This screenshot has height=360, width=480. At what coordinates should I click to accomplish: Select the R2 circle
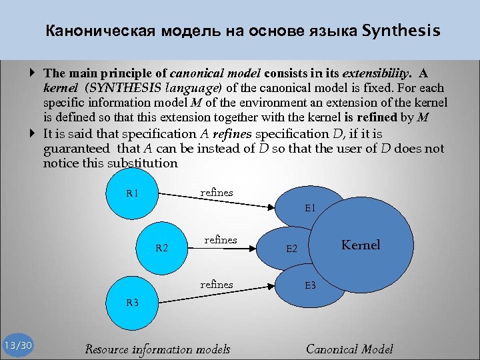162,248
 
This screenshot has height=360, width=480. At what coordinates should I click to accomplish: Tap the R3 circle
133,301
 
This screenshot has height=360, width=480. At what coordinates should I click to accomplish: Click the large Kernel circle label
361,245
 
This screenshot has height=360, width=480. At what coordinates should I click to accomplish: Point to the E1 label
311,208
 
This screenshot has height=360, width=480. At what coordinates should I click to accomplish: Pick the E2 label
291,249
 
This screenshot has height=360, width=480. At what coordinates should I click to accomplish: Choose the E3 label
310,285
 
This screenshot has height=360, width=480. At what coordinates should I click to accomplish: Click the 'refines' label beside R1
217,193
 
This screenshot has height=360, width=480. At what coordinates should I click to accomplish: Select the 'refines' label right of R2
221,240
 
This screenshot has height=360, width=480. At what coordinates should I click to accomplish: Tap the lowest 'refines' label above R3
217,285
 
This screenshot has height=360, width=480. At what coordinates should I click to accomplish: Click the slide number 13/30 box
17,345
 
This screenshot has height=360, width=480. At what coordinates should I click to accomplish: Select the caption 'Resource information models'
157,349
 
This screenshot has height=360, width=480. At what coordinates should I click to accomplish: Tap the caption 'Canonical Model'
349,349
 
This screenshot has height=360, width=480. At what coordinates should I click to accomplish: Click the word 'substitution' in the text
145,163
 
